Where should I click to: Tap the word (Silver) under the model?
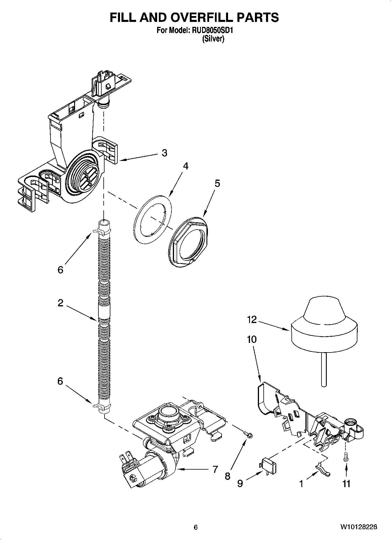(213, 39)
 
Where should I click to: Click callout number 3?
(164, 153)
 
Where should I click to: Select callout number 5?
(217, 183)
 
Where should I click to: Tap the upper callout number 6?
(60, 270)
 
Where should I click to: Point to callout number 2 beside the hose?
(60, 303)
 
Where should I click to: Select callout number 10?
(251, 339)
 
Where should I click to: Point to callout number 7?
(215, 469)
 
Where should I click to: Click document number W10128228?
(358, 527)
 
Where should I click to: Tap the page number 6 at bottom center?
(196, 527)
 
